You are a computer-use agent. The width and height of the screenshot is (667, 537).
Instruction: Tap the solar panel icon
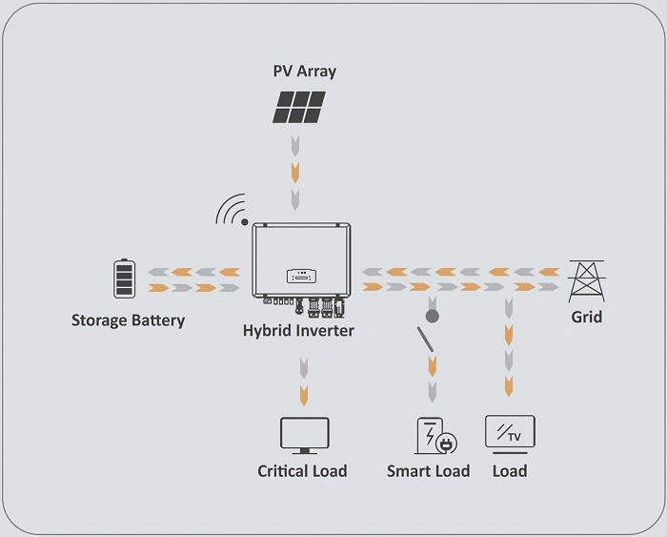click(299, 107)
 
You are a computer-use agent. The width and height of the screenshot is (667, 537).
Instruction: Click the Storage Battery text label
click(128, 320)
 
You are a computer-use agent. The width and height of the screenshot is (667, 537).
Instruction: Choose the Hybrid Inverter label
click(298, 331)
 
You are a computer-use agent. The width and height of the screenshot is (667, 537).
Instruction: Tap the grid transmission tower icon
click(586, 280)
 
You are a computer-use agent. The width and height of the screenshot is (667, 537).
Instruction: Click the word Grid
click(586, 317)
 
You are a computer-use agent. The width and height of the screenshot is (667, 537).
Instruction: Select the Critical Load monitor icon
click(304, 436)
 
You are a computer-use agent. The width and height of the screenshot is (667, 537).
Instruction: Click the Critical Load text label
click(302, 471)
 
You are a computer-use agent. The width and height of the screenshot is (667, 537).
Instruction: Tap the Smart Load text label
click(428, 471)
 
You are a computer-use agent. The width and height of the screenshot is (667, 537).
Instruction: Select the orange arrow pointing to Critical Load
click(303, 392)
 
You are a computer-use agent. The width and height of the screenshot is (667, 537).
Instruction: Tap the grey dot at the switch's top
click(431, 314)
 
